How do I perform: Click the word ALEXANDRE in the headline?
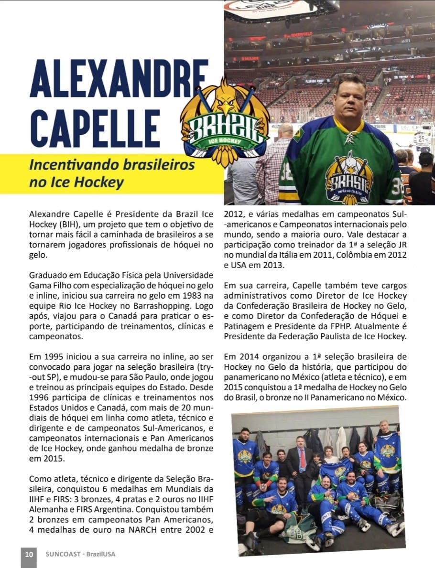tap(119, 79)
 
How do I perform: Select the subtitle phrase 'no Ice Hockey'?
tap(76, 182)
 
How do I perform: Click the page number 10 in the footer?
tap(29, 554)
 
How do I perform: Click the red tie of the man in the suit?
tap(302, 459)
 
